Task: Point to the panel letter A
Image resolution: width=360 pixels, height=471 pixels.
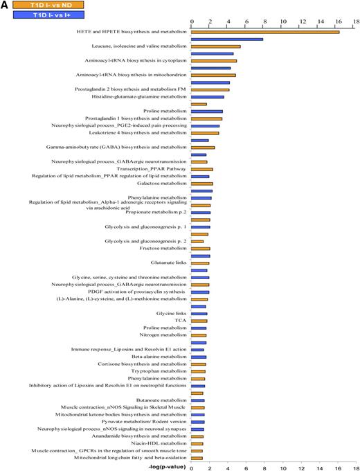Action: click(5, 5)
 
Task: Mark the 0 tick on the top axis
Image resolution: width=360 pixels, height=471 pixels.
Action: click(192, 21)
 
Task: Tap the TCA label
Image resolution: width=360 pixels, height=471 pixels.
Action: click(181, 321)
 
